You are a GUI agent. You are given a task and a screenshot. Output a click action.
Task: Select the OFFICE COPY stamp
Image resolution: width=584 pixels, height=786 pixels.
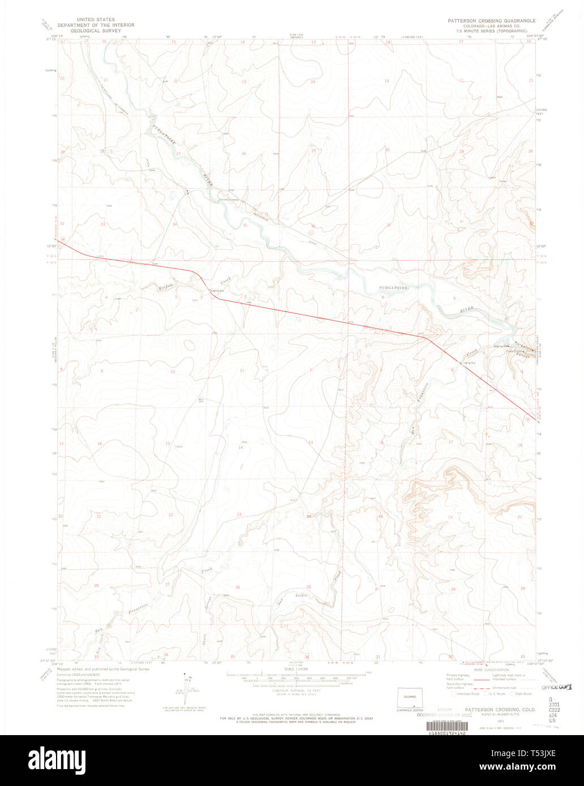(556, 687)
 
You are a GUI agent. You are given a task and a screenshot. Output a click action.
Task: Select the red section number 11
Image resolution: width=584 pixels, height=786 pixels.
(242, 371)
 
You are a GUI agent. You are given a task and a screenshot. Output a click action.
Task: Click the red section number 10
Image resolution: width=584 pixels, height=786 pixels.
(173, 372)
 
